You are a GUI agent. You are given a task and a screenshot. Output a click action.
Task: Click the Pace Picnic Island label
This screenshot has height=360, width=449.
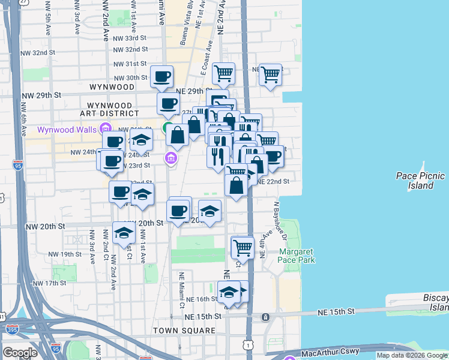click(415, 181)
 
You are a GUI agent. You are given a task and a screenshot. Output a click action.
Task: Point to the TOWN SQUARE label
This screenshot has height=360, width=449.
click(184, 331)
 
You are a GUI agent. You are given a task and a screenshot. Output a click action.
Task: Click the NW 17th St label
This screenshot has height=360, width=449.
click(50, 283)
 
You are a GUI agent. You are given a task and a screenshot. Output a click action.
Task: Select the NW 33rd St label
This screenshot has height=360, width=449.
click(130, 38)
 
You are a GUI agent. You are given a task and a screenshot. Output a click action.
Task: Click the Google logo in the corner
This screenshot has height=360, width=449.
click(20, 352)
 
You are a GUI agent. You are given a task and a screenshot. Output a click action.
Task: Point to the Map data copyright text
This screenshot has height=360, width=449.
click(412, 356)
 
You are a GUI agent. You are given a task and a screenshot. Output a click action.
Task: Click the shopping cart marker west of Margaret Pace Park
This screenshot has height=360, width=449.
click(243, 247)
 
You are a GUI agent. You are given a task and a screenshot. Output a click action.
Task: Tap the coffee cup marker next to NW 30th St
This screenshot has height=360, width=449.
click(162, 76)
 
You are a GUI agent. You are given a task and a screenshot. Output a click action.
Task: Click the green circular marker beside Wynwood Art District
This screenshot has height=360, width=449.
click(167, 127)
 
